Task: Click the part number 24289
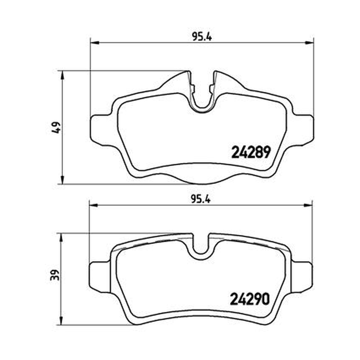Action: pyautogui.click(x=251, y=153)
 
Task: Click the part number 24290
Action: pyautogui.click(x=250, y=299)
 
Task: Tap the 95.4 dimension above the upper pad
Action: pyautogui.click(x=202, y=37)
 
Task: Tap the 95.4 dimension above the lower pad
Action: pyautogui.click(x=201, y=199)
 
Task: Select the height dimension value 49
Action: pyautogui.click(x=57, y=127)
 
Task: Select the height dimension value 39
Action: pyautogui.click(x=55, y=275)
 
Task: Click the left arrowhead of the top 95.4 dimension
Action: pyautogui.click(x=94, y=42)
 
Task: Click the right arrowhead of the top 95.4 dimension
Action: pyautogui.click(x=309, y=42)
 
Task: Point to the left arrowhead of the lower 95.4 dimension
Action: pyautogui.click(x=93, y=205)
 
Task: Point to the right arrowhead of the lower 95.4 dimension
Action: pyautogui.click(x=308, y=205)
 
